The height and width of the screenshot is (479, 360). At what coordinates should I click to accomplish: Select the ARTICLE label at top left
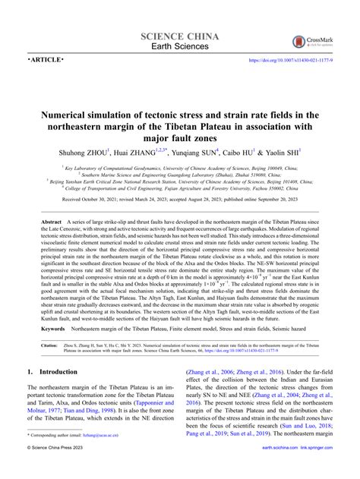point(46,60)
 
